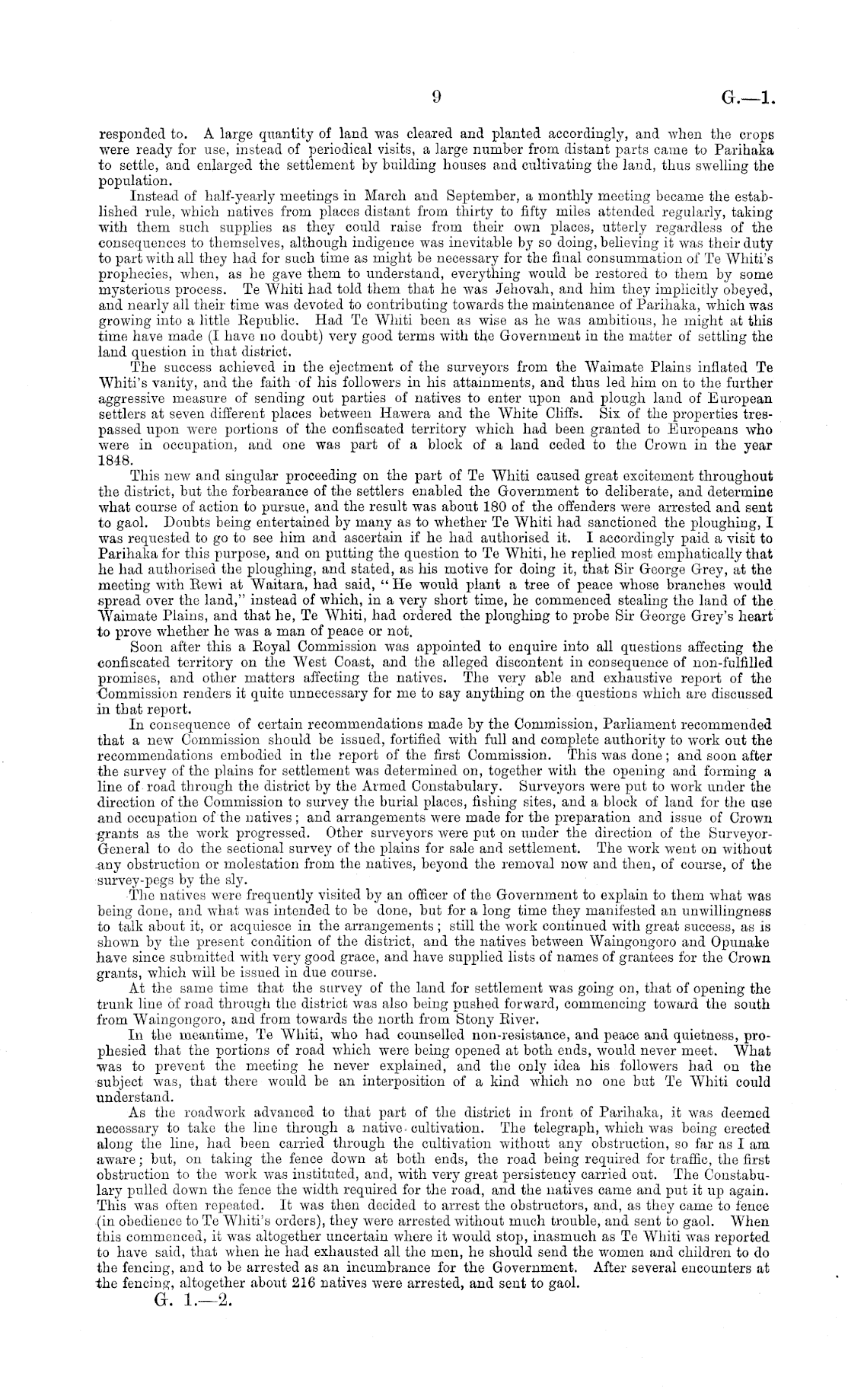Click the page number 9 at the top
point(436,96)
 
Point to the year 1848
point(116,462)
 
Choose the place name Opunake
point(747,941)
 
